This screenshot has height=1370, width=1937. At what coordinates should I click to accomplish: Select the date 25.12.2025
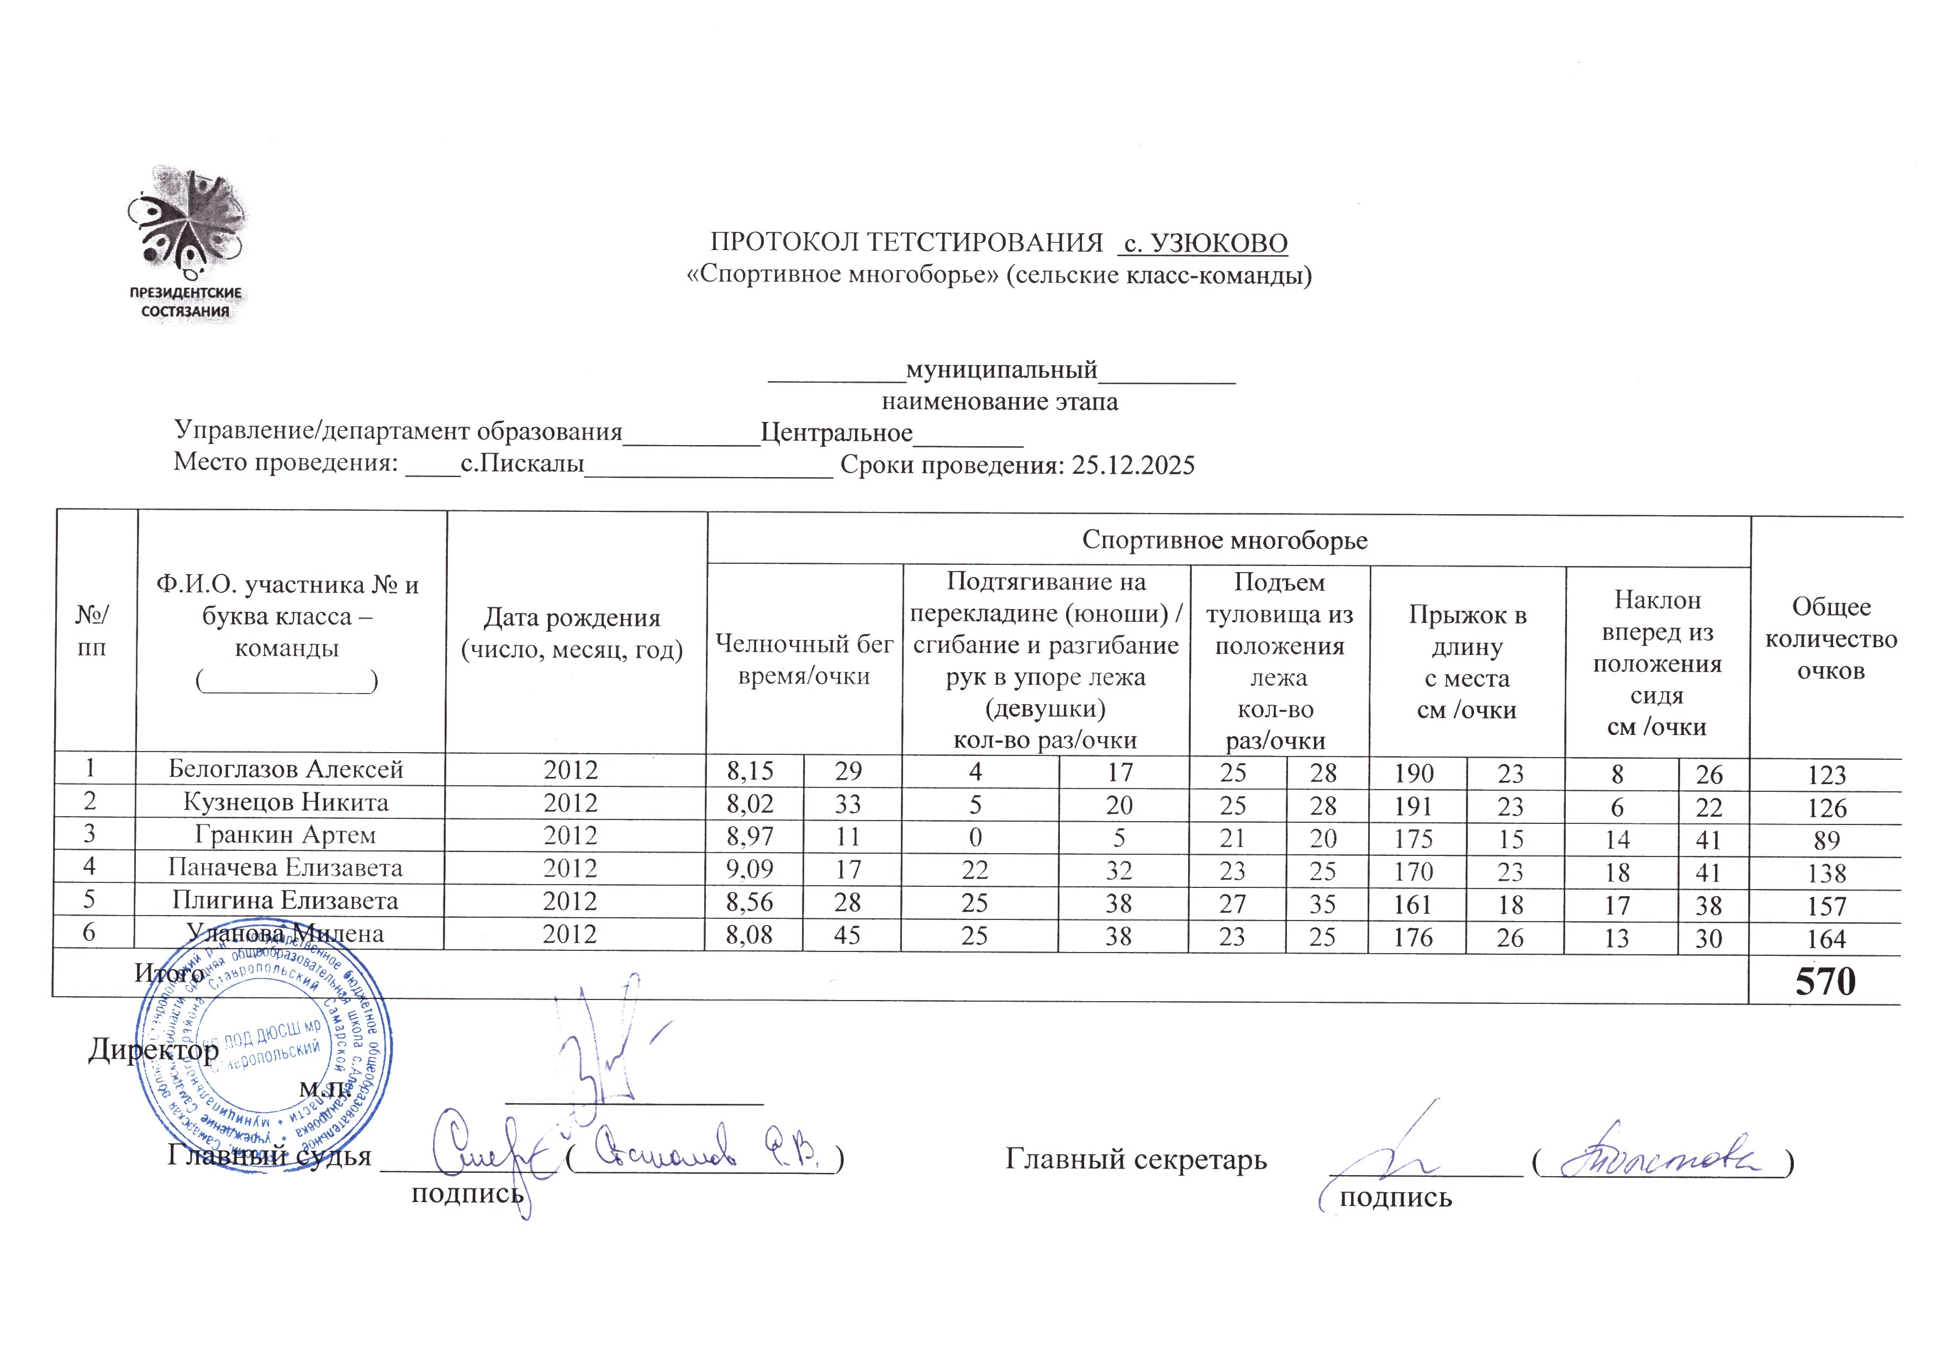click(x=1133, y=465)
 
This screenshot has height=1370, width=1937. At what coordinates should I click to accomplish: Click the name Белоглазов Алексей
click(x=286, y=769)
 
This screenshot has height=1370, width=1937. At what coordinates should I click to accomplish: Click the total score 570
click(x=1825, y=982)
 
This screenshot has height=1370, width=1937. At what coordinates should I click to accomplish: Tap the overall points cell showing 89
click(x=1827, y=840)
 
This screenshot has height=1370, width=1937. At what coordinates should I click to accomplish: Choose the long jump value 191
click(x=1413, y=806)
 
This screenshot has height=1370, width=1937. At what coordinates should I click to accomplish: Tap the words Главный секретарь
click(x=1136, y=1160)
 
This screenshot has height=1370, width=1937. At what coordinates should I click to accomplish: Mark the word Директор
click(x=154, y=1050)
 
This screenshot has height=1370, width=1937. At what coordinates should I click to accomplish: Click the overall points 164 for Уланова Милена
click(x=1827, y=939)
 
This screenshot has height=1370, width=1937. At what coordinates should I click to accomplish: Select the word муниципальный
click(x=1001, y=369)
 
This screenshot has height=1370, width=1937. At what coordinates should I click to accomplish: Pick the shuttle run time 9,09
click(x=750, y=869)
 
